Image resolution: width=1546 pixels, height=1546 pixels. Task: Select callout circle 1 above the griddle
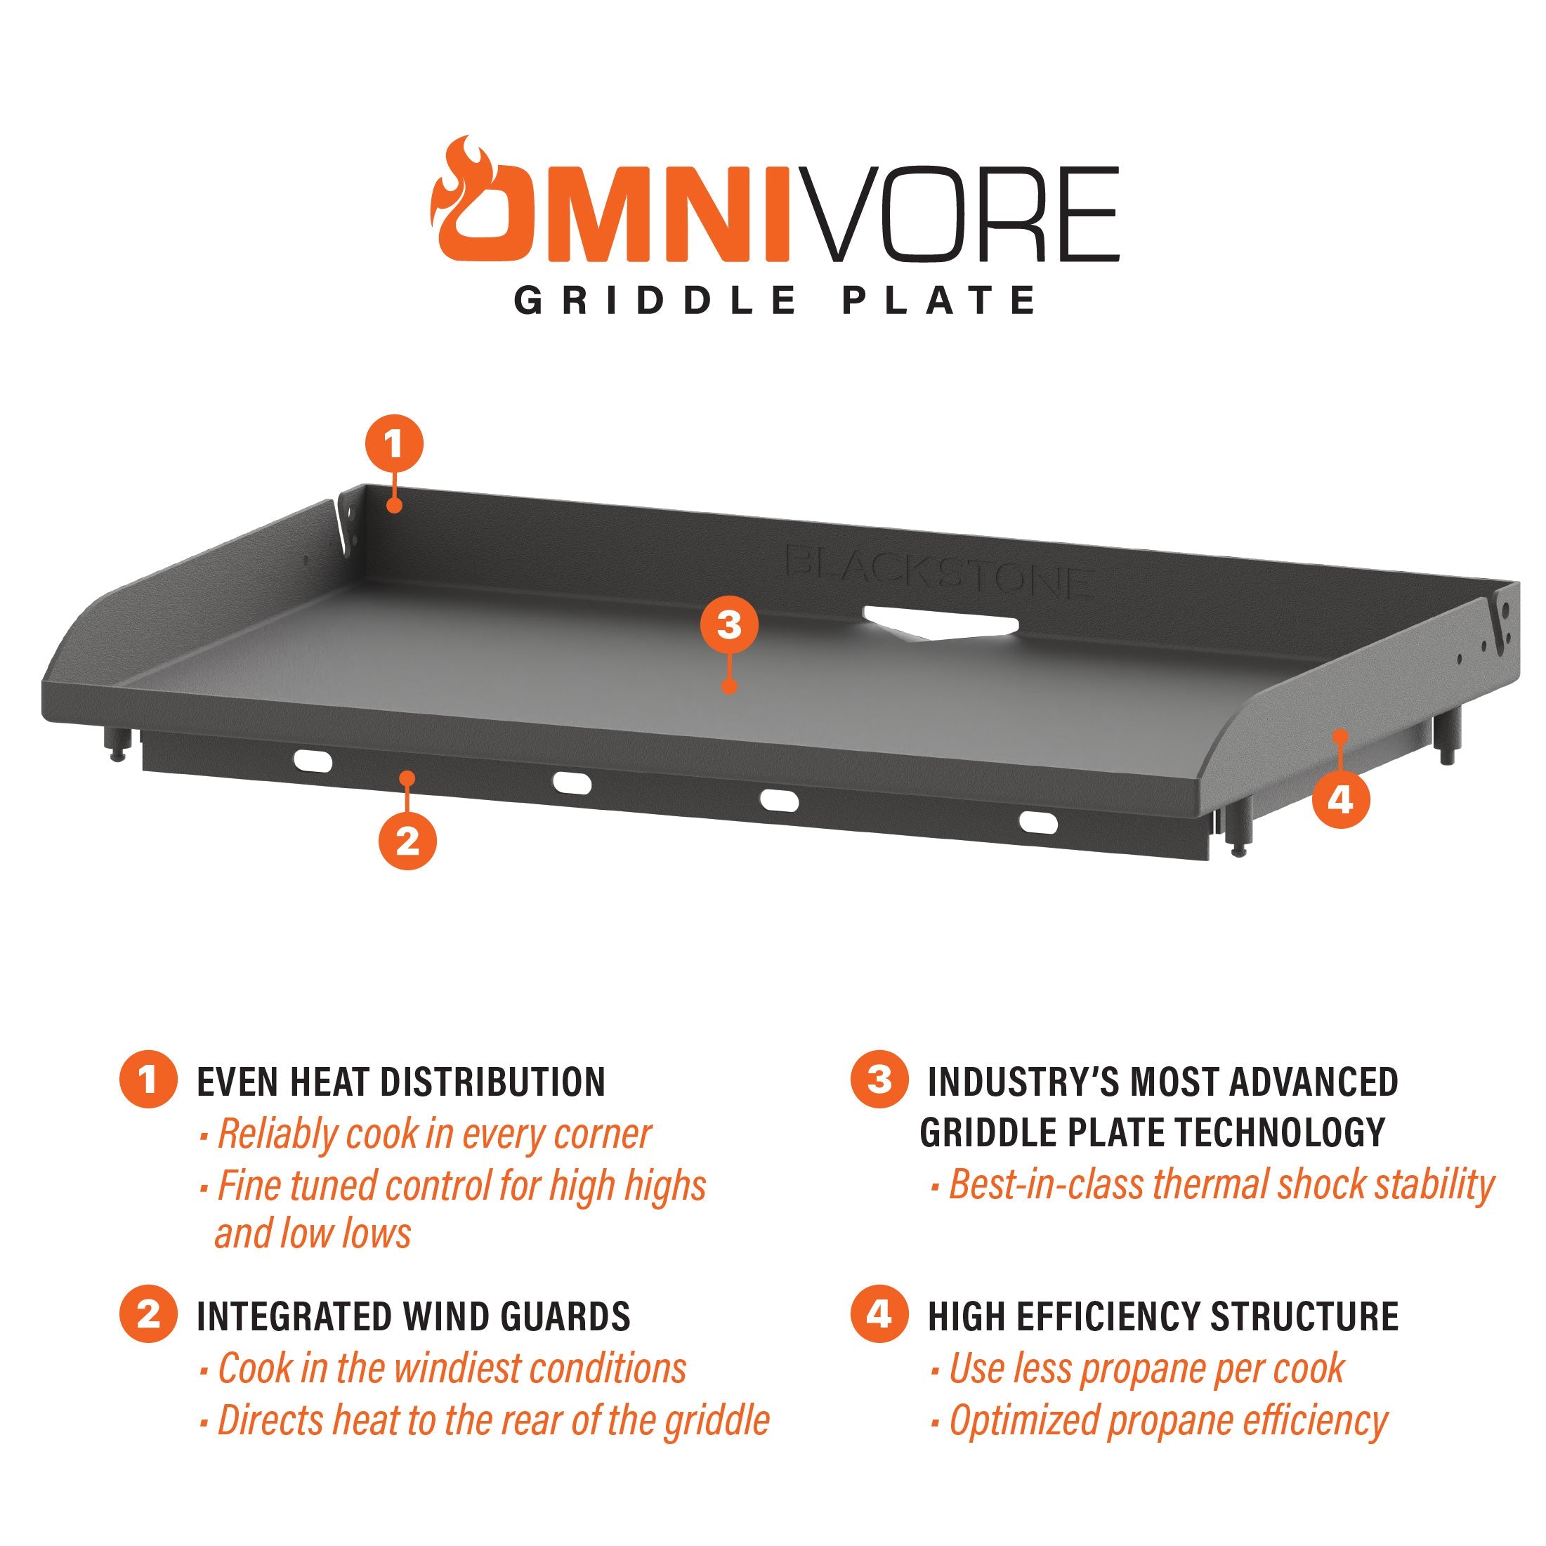pos(394,443)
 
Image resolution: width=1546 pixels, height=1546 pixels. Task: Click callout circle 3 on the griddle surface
pos(729,625)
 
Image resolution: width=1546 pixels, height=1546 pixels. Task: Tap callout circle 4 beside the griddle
pos(1340,799)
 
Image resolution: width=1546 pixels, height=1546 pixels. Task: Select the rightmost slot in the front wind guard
pos(1037,822)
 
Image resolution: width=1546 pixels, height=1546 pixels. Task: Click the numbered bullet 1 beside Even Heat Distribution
pos(148,1080)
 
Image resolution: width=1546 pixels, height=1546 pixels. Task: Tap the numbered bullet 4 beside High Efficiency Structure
pos(879,1314)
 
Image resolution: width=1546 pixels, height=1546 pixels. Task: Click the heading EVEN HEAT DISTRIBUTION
pos(401,1082)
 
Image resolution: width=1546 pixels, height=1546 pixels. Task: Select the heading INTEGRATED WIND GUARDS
pos(414,1316)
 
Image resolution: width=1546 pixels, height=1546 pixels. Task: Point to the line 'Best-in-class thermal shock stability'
pos(1221,1185)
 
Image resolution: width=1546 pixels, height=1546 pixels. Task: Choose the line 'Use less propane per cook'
pos(1146,1368)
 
